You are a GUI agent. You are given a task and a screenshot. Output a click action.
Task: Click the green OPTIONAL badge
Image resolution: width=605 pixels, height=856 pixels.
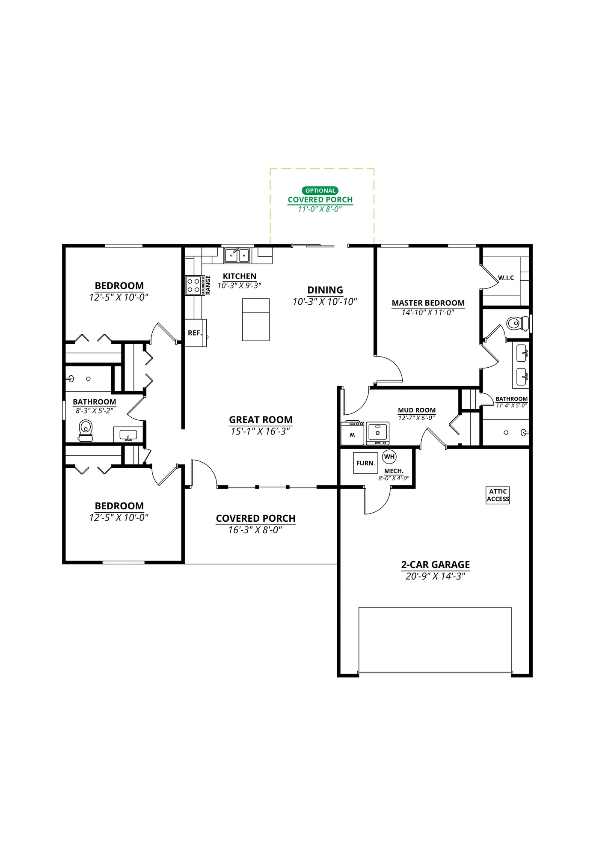[x=320, y=190]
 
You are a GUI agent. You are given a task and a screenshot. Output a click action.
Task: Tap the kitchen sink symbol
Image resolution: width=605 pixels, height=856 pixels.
[x=237, y=255]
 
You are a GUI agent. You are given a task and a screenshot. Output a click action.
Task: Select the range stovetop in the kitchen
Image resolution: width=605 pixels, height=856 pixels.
[x=193, y=285]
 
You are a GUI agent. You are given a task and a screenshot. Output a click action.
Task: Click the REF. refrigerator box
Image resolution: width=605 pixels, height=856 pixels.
[x=196, y=333]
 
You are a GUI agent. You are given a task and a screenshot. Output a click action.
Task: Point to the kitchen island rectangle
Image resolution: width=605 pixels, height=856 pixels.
[x=256, y=320]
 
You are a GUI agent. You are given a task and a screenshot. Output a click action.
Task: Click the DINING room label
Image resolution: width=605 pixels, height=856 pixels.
[x=325, y=290]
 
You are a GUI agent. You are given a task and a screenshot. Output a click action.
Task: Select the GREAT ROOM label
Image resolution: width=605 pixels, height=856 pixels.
[x=261, y=420]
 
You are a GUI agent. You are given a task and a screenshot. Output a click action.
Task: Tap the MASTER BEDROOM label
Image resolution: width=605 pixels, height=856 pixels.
[x=428, y=303]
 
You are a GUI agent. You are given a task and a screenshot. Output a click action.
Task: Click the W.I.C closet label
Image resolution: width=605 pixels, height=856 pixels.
[x=506, y=278]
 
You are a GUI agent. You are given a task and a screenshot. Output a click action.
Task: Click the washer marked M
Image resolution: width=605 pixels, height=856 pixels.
[x=352, y=434]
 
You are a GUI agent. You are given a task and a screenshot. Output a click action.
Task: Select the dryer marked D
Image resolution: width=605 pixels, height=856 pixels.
[x=378, y=433]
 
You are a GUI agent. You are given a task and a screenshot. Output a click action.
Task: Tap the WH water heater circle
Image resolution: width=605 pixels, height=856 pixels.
[x=389, y=457]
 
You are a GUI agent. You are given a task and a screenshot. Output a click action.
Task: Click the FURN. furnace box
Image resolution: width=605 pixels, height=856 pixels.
[x=365, y=463]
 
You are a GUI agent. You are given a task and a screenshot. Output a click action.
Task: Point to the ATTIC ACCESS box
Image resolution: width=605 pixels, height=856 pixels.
[x=498, y=495]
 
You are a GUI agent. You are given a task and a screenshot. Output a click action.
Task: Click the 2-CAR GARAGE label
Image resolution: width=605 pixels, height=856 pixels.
[x=435, y=565]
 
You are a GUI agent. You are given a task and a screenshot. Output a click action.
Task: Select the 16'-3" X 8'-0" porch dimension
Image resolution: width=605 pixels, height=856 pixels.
[x=255, y=530]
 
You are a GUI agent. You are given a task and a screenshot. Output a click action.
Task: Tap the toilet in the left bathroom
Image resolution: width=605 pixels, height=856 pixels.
[x=86, y=430]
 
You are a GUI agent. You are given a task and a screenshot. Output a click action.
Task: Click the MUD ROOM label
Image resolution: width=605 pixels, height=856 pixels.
[x=417, y=410]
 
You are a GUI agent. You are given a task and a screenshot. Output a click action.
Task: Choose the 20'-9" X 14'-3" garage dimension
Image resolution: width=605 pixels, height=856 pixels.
[x=435, y=577]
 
